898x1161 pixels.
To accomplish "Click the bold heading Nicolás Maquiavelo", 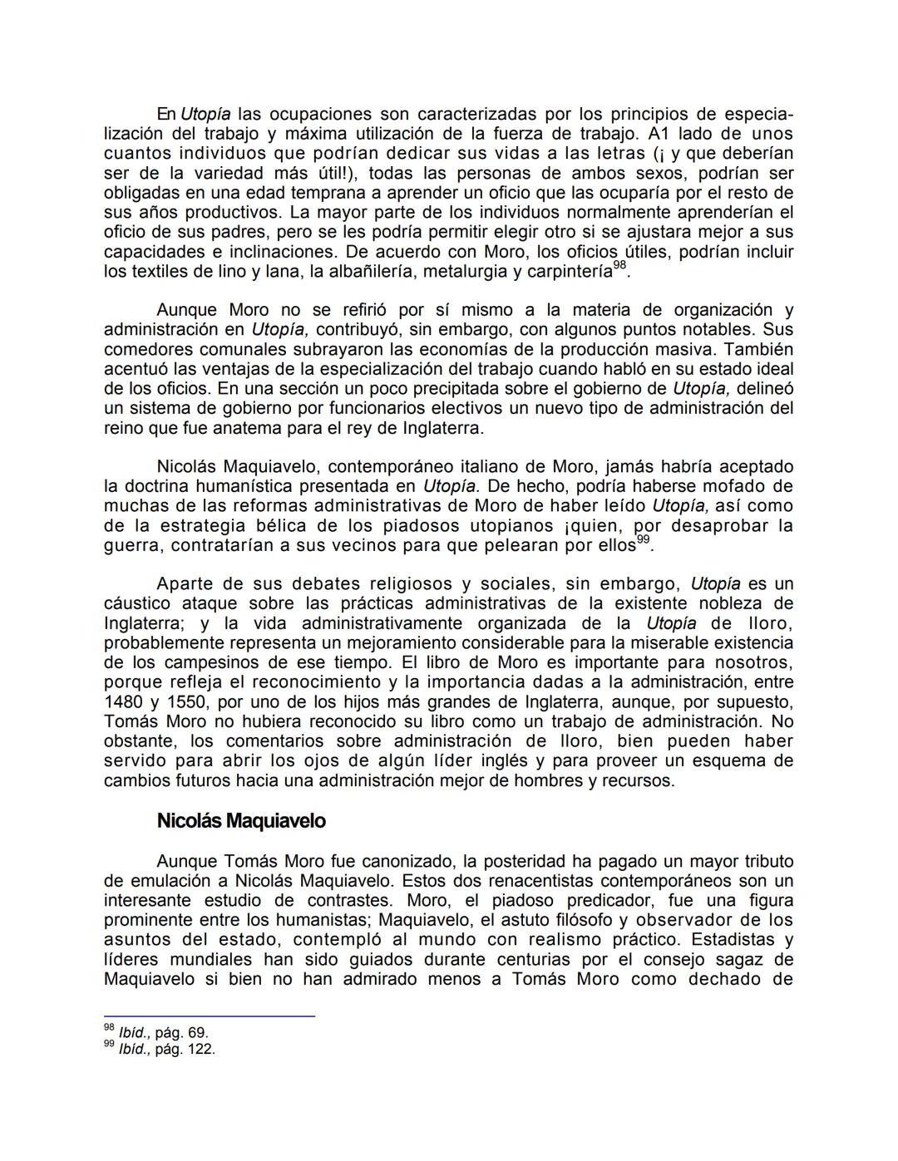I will (240, 821).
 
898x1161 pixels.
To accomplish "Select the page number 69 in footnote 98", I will (196, 1033).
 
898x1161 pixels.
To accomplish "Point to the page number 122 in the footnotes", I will (200, 1049).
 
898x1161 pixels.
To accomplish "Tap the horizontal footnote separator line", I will (209, 1016).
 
